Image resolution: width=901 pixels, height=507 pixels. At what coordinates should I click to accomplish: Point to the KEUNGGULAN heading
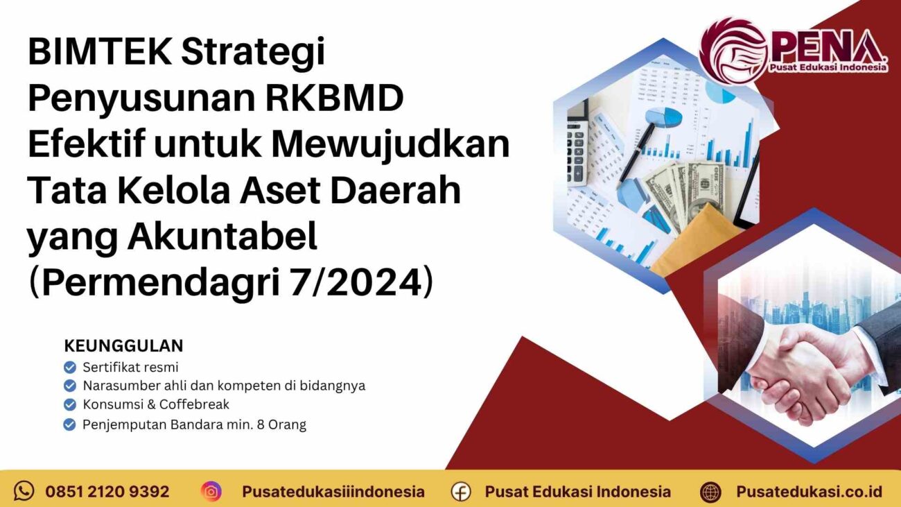click(123, 345)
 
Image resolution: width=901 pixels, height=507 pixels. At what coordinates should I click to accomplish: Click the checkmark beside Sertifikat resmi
click(69, 368)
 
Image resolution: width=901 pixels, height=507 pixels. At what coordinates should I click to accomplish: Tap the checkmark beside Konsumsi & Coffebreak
click(69, 404)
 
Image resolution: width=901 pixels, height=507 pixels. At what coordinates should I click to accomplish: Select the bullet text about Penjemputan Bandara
click(194, 424)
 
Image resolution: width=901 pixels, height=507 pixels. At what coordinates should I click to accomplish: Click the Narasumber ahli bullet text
click(223, 386)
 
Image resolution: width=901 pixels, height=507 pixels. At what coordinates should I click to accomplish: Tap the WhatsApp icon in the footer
click(24, 491)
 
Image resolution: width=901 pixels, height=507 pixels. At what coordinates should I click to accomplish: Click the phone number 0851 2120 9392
click(107, 492)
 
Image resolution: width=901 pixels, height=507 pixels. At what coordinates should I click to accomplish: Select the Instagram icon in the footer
click(211, 491)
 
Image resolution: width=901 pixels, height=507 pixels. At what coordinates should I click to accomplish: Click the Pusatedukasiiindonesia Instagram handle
click(333, 492)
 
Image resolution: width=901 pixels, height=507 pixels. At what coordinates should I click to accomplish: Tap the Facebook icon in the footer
click(461, 492)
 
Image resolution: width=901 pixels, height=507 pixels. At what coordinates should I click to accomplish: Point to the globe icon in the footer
click(710, 492)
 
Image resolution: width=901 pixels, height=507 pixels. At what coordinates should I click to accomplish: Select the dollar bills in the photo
click(686, 187)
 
